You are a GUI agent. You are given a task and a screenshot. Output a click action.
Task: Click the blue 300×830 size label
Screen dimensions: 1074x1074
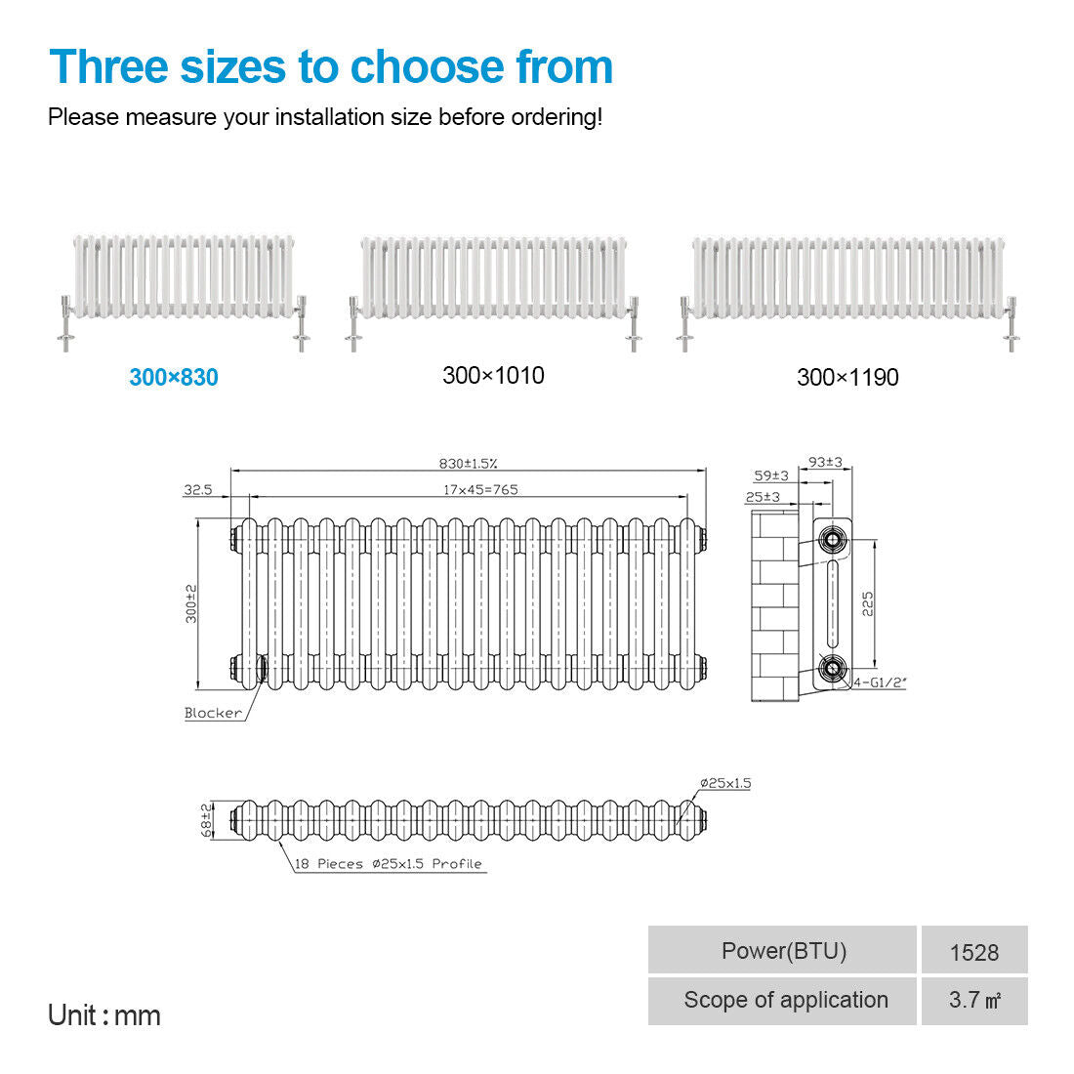point(174,378)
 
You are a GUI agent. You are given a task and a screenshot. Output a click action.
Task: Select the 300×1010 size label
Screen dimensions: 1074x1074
point(493,375)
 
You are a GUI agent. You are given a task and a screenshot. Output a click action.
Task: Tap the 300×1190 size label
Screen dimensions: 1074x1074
point(847,378)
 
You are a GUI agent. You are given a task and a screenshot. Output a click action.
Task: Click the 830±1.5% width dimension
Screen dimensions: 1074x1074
point(468,464)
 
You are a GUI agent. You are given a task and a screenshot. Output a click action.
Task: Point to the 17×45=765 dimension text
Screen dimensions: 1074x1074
point(480,490)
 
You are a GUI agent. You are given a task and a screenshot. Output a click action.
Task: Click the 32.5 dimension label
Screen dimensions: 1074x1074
point(198,490)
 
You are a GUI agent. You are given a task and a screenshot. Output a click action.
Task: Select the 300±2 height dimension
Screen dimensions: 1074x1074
point(191,603)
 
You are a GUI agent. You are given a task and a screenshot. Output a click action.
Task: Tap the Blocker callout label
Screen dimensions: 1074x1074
point(213,713)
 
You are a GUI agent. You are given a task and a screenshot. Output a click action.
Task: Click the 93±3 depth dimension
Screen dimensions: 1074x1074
point(825,463)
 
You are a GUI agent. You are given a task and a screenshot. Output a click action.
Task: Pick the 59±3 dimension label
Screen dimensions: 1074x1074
point(771,475)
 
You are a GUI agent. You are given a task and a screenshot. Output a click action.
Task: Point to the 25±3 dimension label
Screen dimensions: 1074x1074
point(763,497)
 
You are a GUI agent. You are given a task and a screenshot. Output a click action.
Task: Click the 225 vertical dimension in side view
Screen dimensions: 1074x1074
point(868,604)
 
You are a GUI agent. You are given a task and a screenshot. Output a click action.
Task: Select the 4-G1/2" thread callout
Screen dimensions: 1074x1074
point(880,682)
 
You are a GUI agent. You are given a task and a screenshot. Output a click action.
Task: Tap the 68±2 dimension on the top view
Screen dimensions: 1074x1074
point(206,820)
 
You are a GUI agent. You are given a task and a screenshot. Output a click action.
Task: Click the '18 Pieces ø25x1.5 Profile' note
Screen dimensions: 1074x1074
point(389,864)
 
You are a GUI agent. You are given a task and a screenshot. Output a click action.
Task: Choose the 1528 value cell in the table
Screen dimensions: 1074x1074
point(974,951)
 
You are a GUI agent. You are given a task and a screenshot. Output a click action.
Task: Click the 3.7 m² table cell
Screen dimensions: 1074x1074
point(974,1001)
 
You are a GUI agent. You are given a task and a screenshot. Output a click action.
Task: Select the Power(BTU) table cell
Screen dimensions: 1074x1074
point(782,951)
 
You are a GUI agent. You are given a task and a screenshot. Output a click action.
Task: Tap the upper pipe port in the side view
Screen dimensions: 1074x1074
point(832,540)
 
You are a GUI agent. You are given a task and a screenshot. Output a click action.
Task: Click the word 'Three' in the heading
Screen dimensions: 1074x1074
point(109,67)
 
